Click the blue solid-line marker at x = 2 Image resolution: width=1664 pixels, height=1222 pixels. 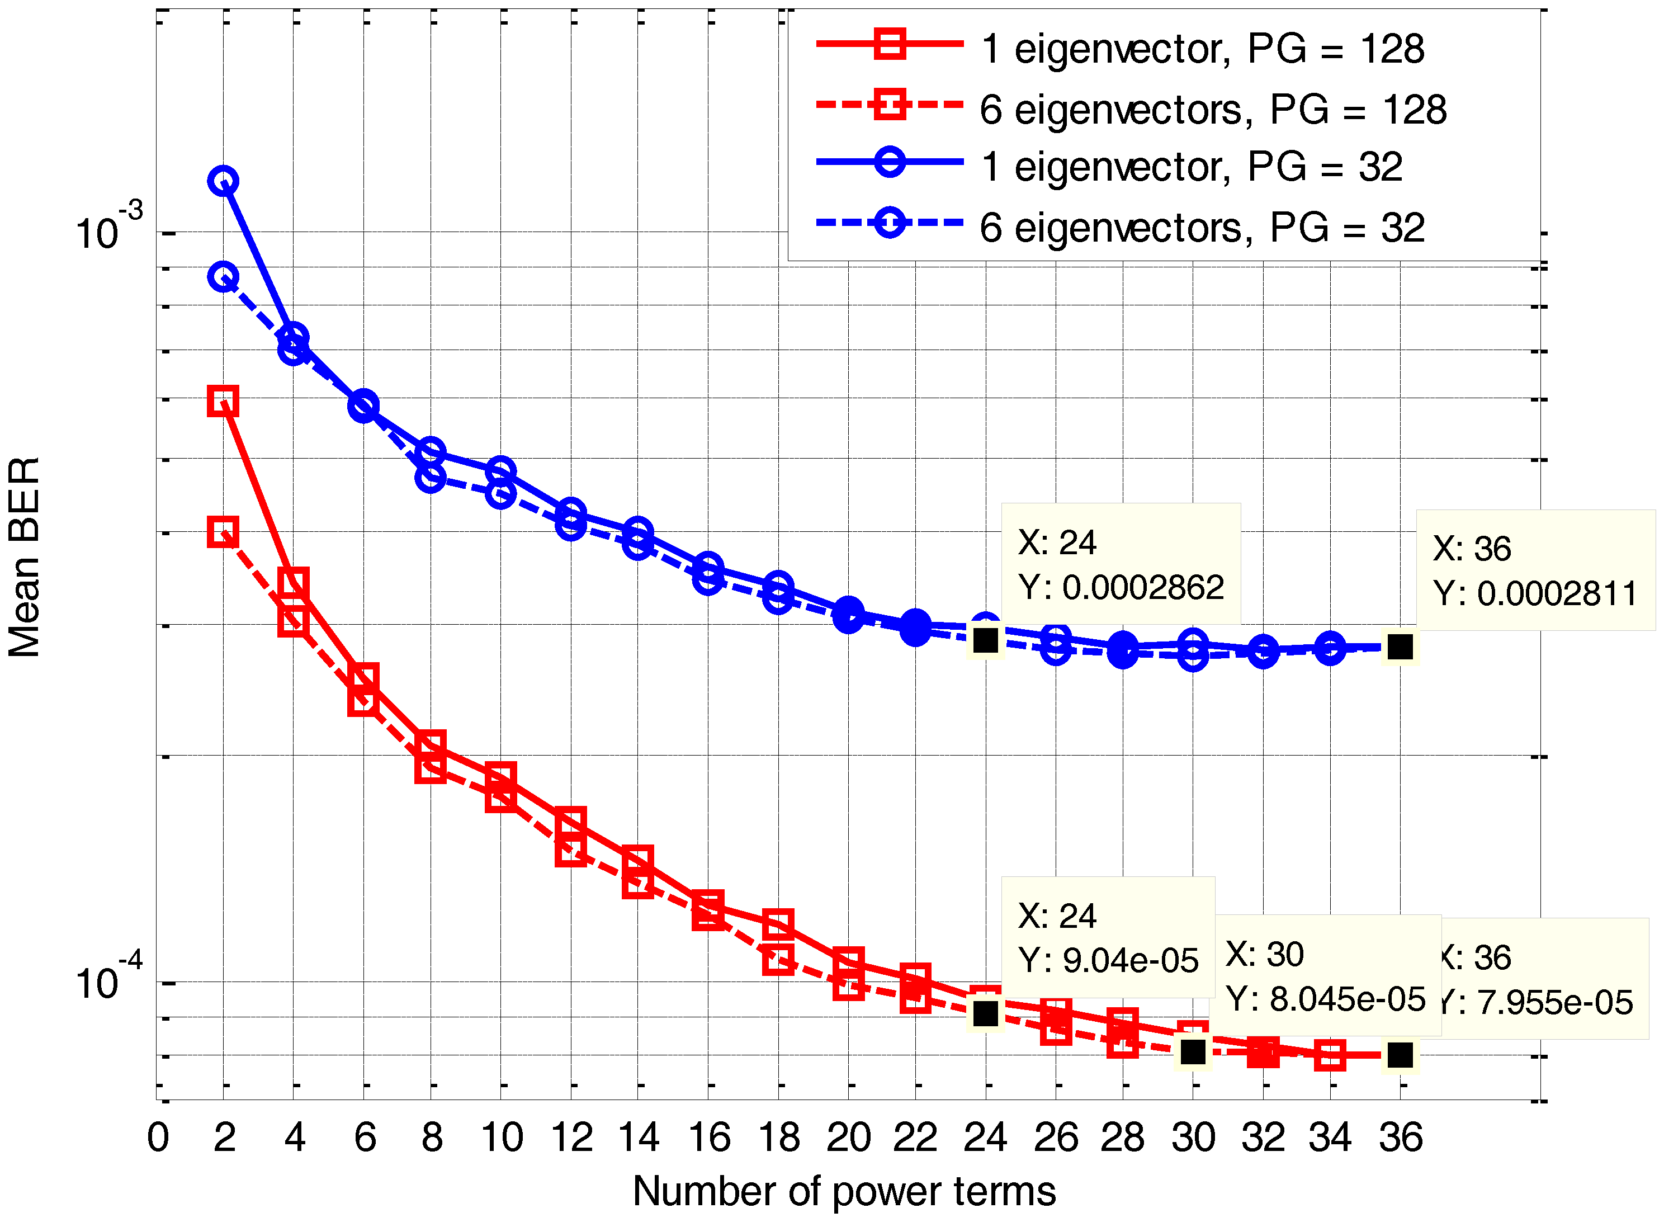(x=223, y=181)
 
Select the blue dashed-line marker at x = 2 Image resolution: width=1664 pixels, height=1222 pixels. (x=223, y=277)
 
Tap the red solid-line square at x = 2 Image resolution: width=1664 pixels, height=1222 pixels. (x=223, y=401)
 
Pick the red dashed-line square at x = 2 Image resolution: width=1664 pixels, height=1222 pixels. (x=223, y=532)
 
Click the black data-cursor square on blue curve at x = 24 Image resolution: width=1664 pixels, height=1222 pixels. (x=986, y=640)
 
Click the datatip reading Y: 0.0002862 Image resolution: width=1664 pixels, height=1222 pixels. (x=1121, y=564)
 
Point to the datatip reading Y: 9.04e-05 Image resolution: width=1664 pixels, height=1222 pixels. (x=1107, y=937)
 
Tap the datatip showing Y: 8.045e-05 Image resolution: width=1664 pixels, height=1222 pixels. (x=1324, y=976)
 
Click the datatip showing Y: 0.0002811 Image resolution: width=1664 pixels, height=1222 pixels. (x=1535, y=570)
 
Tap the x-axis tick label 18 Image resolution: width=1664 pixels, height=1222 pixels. (x=779, y=1137)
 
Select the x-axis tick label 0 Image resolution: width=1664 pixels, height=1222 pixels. (x=158, y=1137)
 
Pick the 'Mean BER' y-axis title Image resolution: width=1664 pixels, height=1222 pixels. (x=25, y=556)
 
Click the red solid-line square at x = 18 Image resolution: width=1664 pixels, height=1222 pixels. (x=778, y=924)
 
